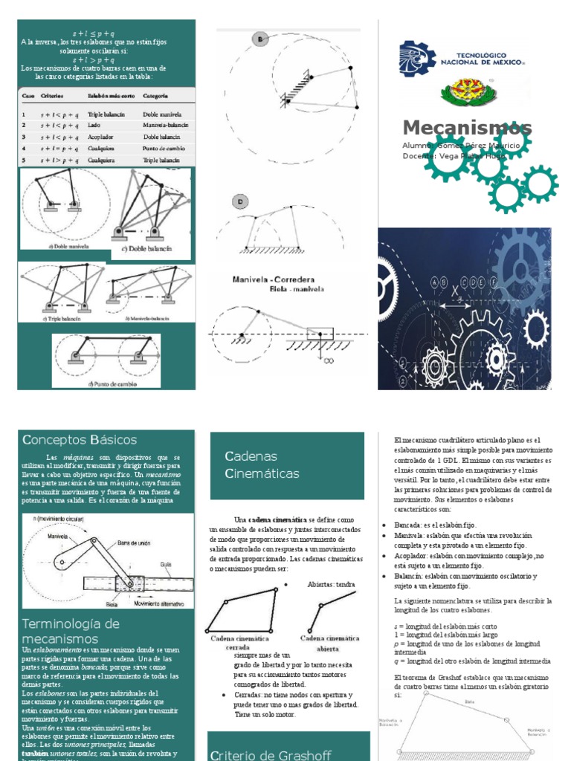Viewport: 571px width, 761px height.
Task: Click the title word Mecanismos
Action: pyautogui.click(x=467, y=126)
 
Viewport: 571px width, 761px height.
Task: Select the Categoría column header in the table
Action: pyautogui.click(x=155, y=97)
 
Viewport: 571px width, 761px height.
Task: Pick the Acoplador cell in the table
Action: pyautogui.click(x=101, y=137)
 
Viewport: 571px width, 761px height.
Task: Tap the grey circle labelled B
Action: pyautogui.click(x=261, y=39)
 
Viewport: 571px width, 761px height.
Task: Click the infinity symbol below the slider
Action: pyautogui.click(x=328, y=360)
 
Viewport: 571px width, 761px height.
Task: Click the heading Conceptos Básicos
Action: pyautogui.click(x=80, y=440)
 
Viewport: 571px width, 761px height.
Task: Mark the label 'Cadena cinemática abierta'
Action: pyautogui.click(x=329, y=643)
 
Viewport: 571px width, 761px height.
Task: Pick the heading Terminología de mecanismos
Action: pyautogui.click(x=71, y=630)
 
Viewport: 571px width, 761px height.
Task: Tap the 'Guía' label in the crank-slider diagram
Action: pyautogui.click(x=166, y=564)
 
